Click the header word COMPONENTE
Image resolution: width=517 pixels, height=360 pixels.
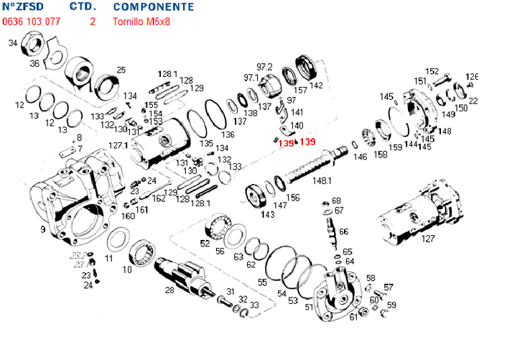click(x=153, y=6)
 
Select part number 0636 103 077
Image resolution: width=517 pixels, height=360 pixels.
click(x=31, y=22)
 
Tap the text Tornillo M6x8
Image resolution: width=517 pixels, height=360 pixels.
click(x=142, y=22)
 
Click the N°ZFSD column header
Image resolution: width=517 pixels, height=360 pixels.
click(x=23, y=6)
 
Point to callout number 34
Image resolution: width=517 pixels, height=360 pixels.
click(x=12, y=43)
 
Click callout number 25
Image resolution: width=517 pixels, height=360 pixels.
click(x=121, y=70)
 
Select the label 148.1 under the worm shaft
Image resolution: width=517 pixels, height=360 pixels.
click(x=322, y=180)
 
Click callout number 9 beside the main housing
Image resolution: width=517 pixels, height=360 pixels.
click(x=43, y=229)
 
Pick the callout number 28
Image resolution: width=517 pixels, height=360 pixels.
click(x=169, y=290)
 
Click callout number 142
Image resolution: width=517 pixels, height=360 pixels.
click(x=316, y=85)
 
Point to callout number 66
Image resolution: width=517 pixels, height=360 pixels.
click(x=343, y=231)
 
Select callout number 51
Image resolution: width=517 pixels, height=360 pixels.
click(x=309, y=307)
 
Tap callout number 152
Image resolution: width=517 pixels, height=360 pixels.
click(x=432, y=71)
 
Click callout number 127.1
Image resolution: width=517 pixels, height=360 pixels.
click(x=118, y=145)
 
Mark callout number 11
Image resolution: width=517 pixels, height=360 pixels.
click(x=108, y=257)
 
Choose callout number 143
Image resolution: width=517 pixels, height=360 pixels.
click(x=267, y=214)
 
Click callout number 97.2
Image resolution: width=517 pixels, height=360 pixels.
click(x=265, y=66)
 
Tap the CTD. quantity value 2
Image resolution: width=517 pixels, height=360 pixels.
click(x=92, y=22)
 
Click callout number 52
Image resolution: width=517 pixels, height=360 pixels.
click(x=205, y=243)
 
